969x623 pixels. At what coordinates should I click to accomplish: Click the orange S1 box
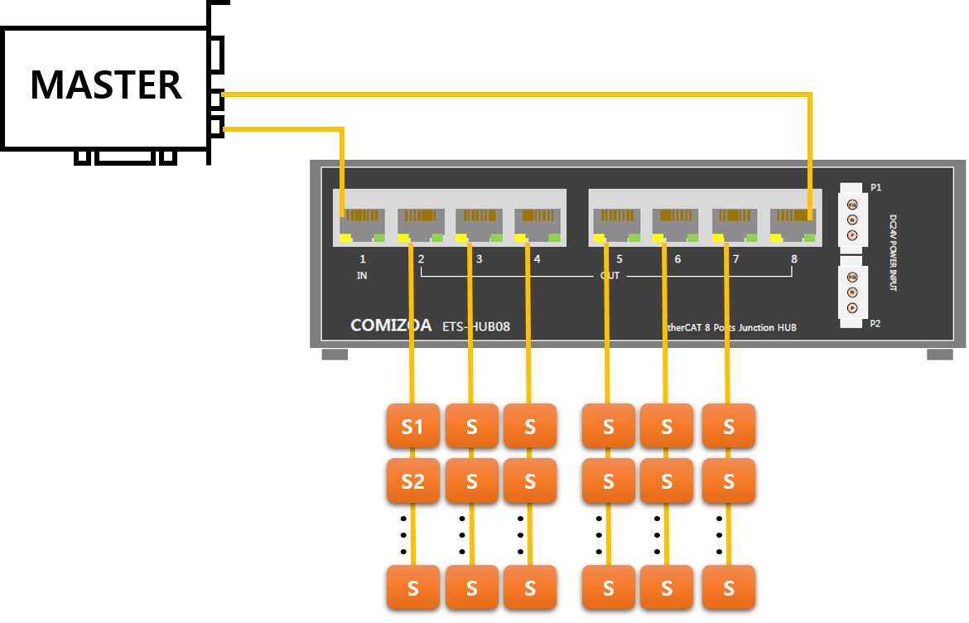(x=412, y=426)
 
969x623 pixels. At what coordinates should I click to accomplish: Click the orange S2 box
(x=412, y=481)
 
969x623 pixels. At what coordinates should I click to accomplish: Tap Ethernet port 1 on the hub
(x=362, y=221)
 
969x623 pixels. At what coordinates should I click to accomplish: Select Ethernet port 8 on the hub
(x=793, y=221)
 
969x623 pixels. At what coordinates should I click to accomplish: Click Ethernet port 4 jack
(x=538, y=221)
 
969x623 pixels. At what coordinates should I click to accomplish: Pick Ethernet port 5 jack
(x=616, y=221)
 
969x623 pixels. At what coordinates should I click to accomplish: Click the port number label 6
(x=677, y=259)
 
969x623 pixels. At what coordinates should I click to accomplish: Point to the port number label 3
(x=479, y=259)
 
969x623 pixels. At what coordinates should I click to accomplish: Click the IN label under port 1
(x=362, y=276)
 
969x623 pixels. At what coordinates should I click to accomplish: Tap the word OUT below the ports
(x=610, y=276)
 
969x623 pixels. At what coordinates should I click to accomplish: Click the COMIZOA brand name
(x=391, y=326)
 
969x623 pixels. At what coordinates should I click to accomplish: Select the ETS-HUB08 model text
(x=476, y=326)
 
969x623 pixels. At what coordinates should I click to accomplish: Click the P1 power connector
(x=852, y=220)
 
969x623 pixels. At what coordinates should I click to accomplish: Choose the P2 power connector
(x=852, y=292)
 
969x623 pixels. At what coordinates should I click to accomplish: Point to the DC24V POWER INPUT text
(x=894, y=253)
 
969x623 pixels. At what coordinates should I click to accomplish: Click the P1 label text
(x=875, y=188)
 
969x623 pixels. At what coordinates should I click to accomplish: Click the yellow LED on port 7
(x=718, y=239)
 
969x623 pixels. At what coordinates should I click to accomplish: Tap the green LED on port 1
(x=378, y=239)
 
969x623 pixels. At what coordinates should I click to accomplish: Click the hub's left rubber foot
(x=335, y=355)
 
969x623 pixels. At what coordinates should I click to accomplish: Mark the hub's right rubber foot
(x=940, y=355)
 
